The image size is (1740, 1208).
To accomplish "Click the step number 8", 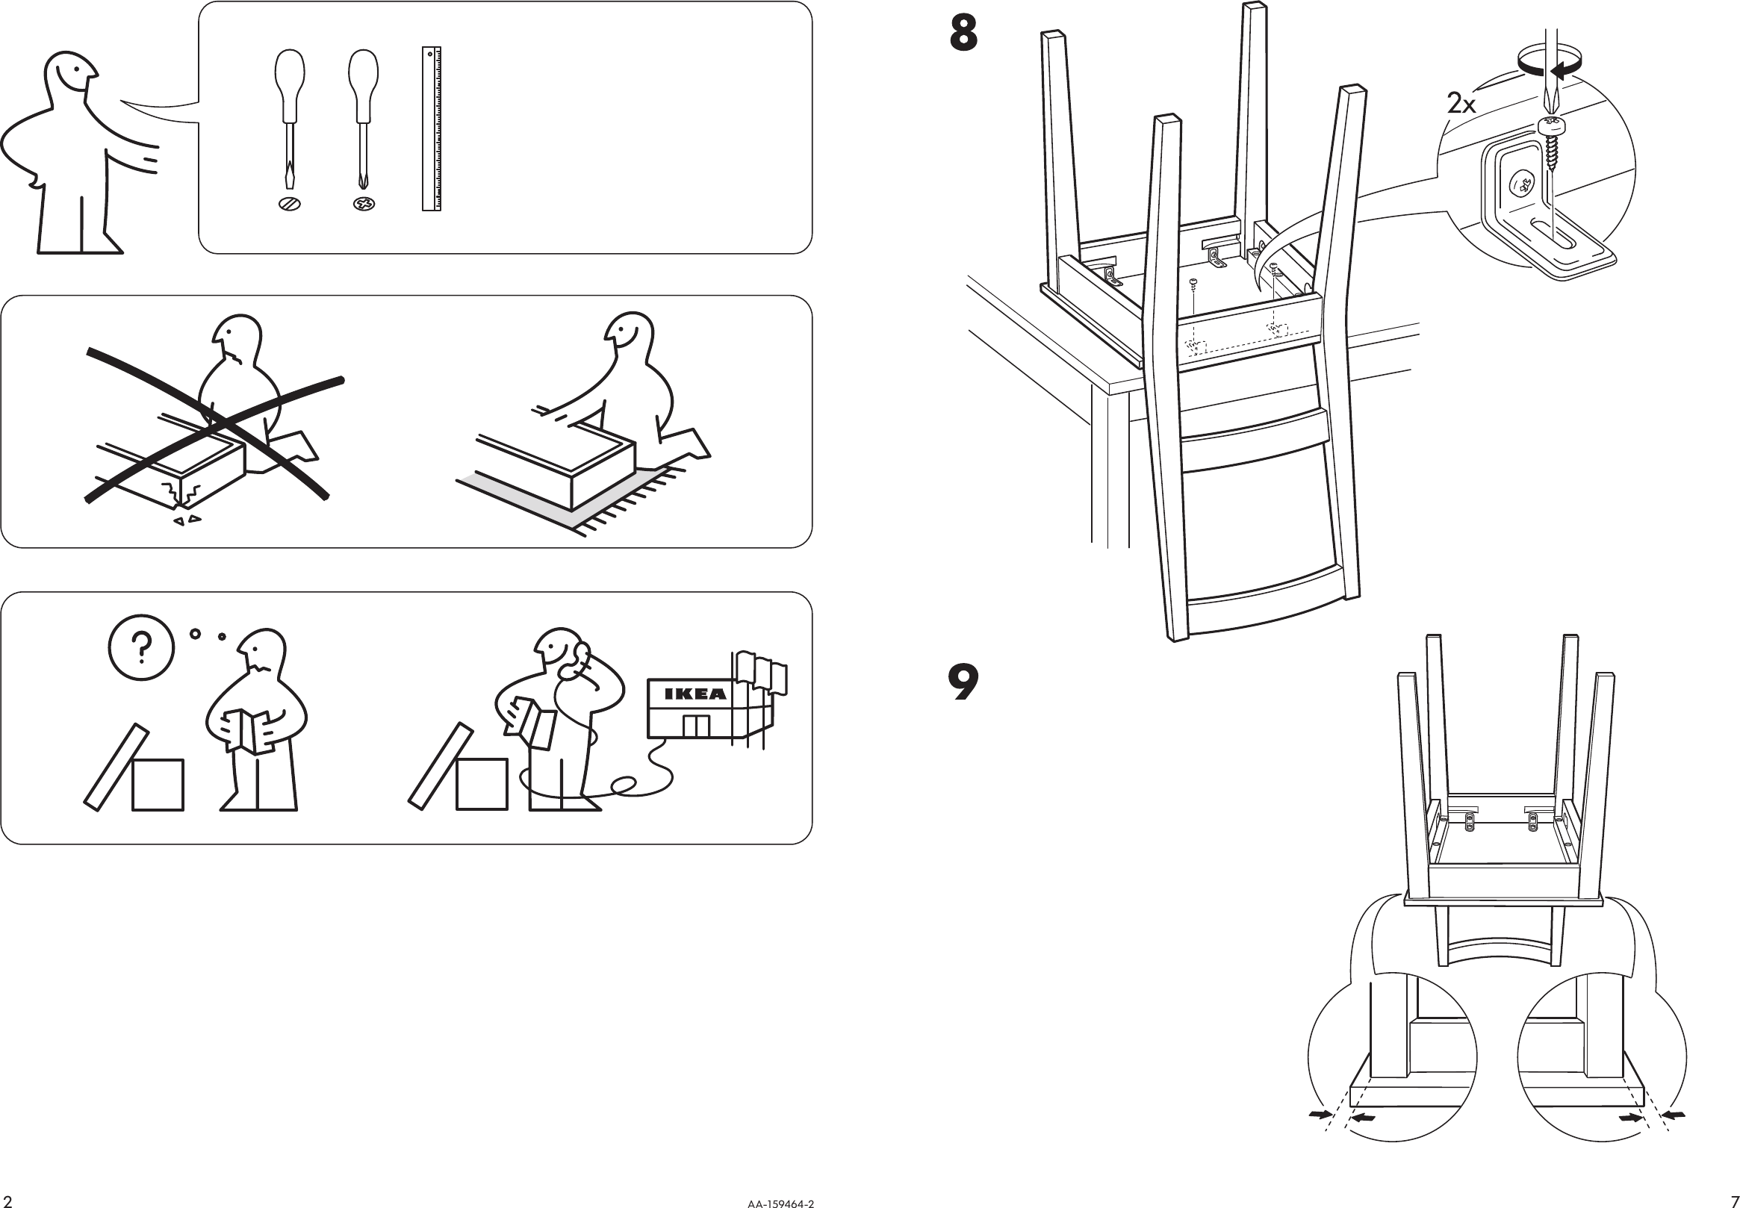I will pyautogui.click(x=963, y=35).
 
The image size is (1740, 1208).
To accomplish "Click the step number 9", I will pyautogui.click(x=963, y=682).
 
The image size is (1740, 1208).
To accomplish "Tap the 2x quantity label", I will pyautogui.click(x=1461, y=104).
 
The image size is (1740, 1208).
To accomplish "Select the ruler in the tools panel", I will pyautogui.click(x=432, y=128).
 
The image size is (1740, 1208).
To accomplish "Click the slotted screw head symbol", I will pyautogui.click(x=289, y=204).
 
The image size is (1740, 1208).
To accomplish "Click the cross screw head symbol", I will pyautogui.click(x=364, y=204).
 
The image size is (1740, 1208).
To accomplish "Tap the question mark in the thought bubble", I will pyautogui.click(x=142, y=647).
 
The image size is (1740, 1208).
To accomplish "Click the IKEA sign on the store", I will pyautogui.click(x=695, y=694).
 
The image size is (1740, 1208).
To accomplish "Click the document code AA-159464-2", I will pyautogui.click(x=780, y=1203).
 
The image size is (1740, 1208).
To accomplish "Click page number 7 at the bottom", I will pyautogui.click(x=1734, y=1201).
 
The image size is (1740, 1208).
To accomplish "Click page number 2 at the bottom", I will pyautogui.click(x=7, y=1201).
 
